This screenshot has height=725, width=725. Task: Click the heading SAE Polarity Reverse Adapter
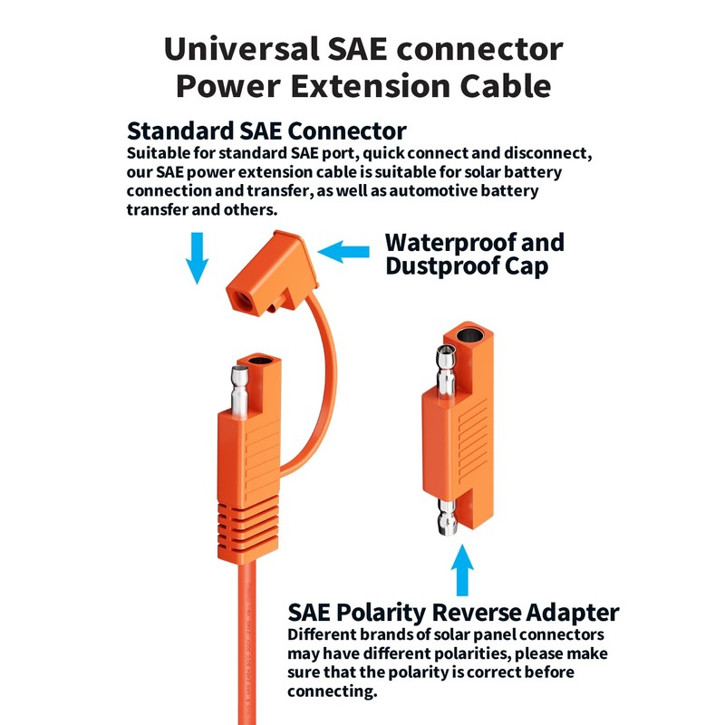(453, 612)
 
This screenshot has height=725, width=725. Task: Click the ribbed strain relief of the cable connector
(246, 535)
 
